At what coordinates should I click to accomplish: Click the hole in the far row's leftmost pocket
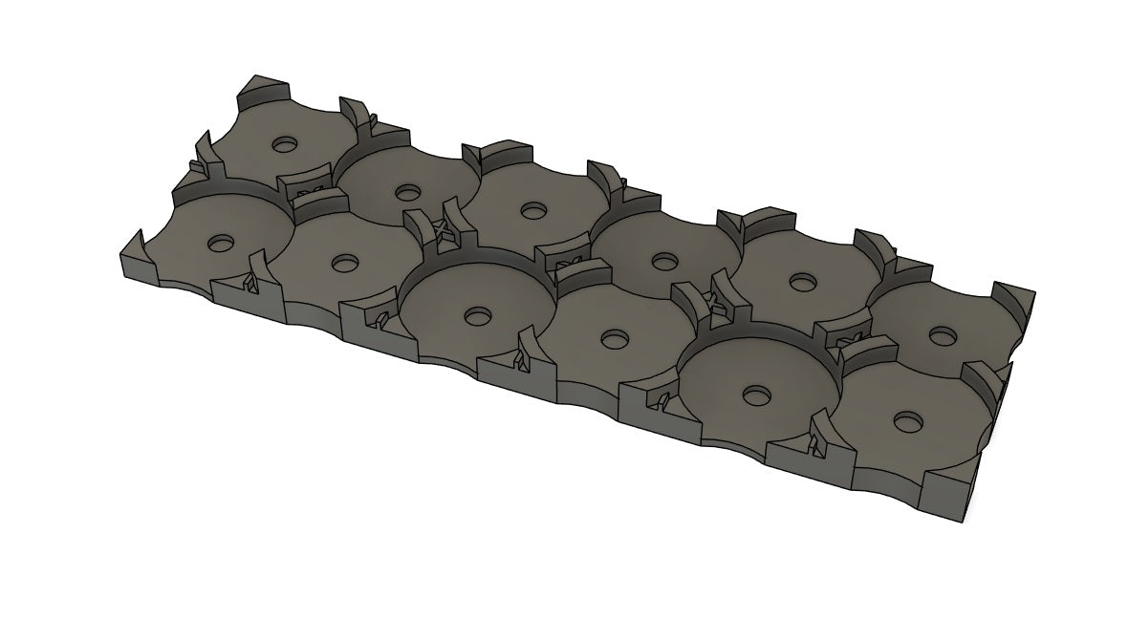[x=284, y=144]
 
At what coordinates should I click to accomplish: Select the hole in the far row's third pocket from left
[x=532, y=210]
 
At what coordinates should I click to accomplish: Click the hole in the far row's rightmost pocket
[x=944, y=335]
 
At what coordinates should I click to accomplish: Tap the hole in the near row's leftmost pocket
[x=221, y=242]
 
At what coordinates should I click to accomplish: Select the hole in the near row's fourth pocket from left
[x=613, y=337]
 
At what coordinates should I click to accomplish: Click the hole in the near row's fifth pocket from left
[x=758, y=394]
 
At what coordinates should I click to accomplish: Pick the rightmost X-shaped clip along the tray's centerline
[x=845, y=341]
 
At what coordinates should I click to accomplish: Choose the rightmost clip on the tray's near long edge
[x=814, y=442]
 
